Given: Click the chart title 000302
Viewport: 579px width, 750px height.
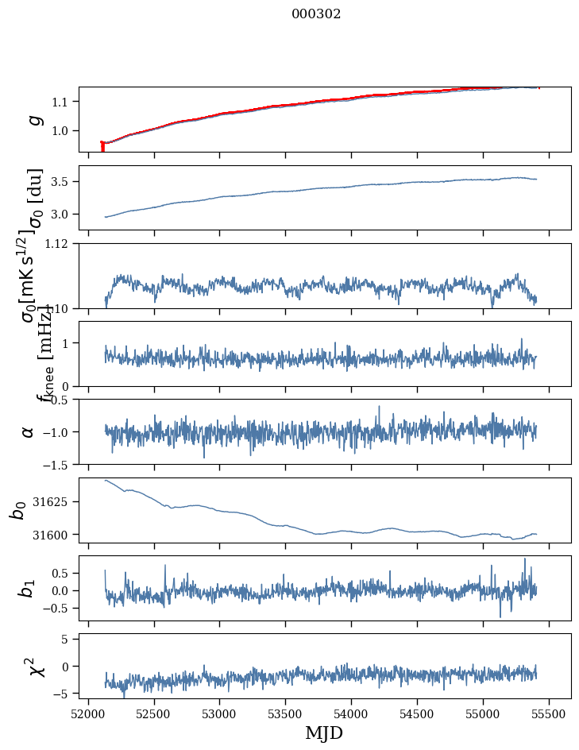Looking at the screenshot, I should point(316,14).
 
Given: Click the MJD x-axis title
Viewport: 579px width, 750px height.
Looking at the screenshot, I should point(324,733).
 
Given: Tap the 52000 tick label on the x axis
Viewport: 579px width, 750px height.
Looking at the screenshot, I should point(88,714).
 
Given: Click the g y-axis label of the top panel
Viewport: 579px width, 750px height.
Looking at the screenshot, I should point(33,119).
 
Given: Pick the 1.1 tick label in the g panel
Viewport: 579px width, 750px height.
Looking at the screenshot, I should point(62,102).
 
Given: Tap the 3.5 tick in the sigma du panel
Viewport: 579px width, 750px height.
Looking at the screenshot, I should point(62,182).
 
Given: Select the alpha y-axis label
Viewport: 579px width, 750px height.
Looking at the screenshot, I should point(29,431).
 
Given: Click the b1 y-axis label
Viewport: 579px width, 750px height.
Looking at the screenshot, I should point(28,588).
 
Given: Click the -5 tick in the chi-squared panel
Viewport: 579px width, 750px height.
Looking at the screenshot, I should point(62,694).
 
